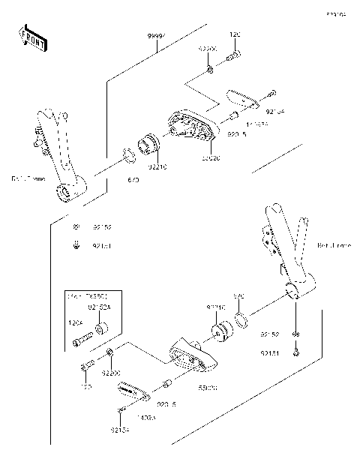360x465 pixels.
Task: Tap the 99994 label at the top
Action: click(157, 35)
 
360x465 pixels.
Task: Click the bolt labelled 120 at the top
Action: click(235, 54)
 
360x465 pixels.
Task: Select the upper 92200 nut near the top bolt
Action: click(210, 70)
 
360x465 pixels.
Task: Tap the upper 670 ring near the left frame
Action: click(128, 156)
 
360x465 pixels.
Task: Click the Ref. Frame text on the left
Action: click(27, 178)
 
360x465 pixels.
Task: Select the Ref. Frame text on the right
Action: click(333, 245)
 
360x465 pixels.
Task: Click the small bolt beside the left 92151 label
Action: click(76, 244)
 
